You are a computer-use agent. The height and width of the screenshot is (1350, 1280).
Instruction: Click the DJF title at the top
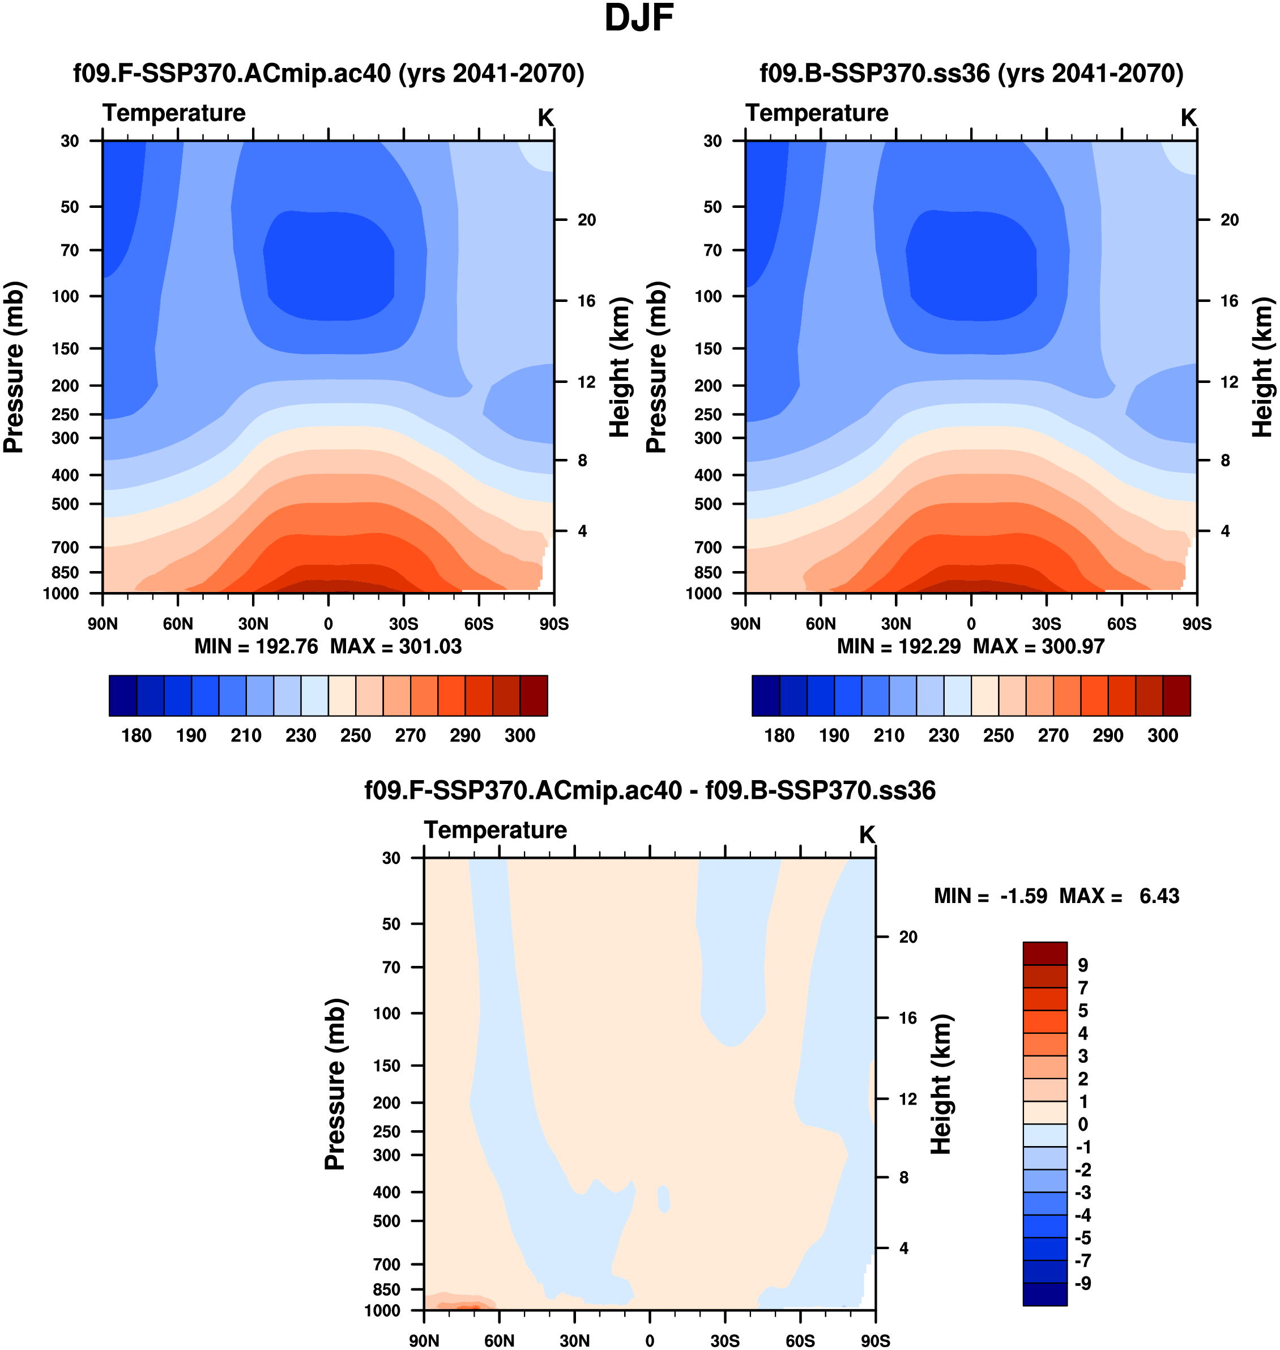click(x=639, y=19)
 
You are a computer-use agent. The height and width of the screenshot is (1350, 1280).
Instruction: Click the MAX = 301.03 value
click(x=396, y=646)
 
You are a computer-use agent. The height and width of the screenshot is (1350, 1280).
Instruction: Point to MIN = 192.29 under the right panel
click(x=899, y=646)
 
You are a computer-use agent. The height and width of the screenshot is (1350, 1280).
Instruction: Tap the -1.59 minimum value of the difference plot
click(x=1023, y=896)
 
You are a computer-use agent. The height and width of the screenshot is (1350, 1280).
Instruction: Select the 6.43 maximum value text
click(x=1159, y=896)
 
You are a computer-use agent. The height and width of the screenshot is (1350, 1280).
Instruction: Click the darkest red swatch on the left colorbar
click(x=534, y=696)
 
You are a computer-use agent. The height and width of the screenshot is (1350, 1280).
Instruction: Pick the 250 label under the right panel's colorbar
click(x=998, y=736)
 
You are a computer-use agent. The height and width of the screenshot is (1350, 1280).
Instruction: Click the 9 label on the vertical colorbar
click(x=1083, y=965)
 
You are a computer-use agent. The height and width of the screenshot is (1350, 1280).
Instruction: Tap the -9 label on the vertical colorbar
click(x=1083, y=1283)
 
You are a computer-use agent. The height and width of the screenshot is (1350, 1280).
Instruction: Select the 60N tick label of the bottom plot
click(x=500, y=1340)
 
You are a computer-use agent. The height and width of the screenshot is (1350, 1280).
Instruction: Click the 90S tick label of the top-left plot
click(x=553, y=624)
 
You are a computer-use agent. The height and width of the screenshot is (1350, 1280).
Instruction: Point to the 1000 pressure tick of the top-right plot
click(x=703, y=594)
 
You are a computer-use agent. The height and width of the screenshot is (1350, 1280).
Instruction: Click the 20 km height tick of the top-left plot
click(x=586, y=220)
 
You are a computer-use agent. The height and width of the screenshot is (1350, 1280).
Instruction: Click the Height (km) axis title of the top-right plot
click(x=1263, y=367)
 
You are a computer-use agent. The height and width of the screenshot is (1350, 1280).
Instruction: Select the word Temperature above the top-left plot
click(x=174, y=113)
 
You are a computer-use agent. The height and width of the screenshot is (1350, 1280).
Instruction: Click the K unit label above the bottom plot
click(x=867, y=834)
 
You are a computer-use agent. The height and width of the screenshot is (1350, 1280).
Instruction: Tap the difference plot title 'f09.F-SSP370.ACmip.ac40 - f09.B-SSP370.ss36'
click(x=650, y=790)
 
